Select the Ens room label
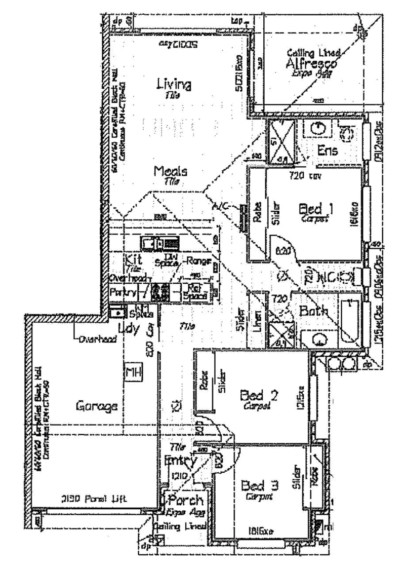point(328,150)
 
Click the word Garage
point(97,405)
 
